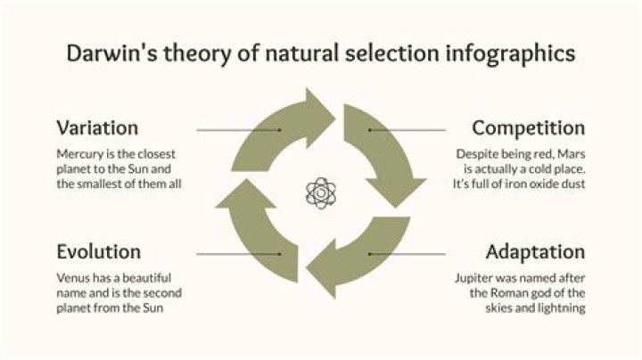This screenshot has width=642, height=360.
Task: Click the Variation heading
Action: tap(97, 127)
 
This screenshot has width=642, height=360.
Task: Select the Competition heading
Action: tap(528, 127)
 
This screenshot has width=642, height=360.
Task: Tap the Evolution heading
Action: tap(98, 250)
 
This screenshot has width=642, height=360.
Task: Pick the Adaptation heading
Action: tap(535, 250)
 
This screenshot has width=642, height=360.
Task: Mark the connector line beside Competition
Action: tap(406, 130)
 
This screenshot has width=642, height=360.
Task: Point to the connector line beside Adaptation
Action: tap(406, 254)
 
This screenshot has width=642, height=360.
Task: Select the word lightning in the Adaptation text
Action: tap(555, 307)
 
